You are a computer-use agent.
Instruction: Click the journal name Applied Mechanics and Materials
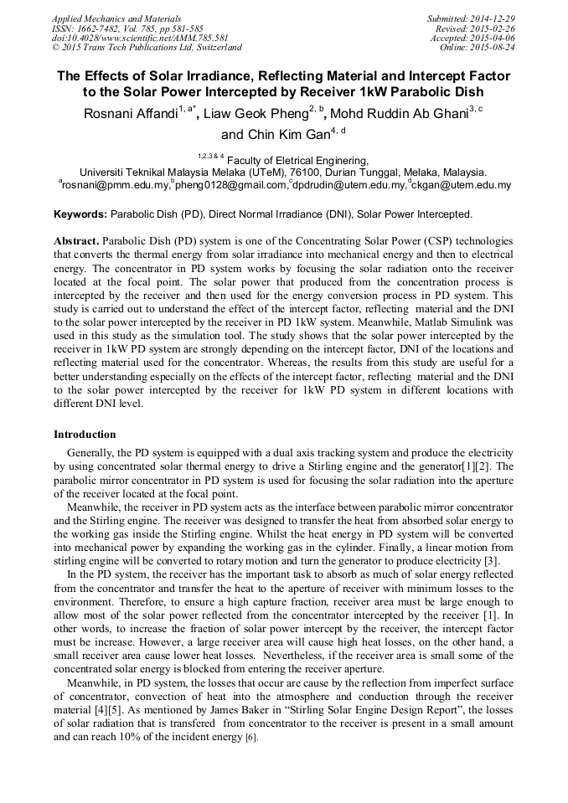[116, 18]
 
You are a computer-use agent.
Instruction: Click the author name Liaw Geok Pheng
[257, 114]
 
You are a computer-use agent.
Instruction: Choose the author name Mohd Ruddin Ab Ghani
[399, 114]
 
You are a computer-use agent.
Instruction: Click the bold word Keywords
[80, 214]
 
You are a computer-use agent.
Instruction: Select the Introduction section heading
[85, 435]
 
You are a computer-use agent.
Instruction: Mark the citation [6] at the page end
[252, 738]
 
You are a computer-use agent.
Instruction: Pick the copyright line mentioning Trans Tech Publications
[147, 48]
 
